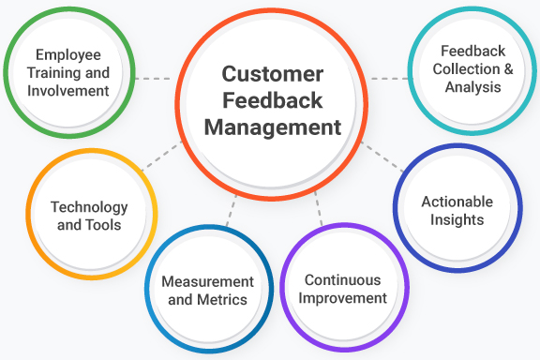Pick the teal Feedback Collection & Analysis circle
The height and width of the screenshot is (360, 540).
[472, 71]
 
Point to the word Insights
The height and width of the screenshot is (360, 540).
[457, 219]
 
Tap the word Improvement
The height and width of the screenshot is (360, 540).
[344, 298]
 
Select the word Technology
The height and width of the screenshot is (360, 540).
[89, 207]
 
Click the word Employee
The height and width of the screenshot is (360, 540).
[67, 55]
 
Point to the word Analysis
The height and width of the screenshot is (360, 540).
[473, 87]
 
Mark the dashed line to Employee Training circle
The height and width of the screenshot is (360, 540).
[152, 79]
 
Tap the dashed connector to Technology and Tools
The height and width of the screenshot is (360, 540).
[161, 158]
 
